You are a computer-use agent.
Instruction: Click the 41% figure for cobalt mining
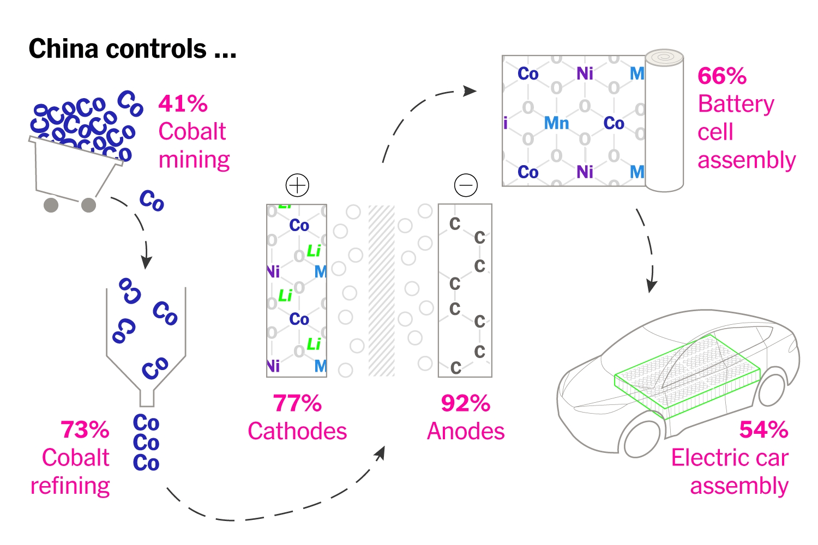pos(183,104)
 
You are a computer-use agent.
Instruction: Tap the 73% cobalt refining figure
pos(85,430)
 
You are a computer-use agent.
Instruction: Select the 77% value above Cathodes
pos(297,404)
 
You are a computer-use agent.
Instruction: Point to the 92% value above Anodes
pos(466,404)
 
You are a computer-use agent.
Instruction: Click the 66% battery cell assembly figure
pos(722,76)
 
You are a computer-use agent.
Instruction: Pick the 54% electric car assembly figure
pos(763,430)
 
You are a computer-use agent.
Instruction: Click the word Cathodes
pos(297,432)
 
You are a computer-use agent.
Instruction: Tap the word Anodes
pos(466,432)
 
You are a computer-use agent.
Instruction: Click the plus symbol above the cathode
pos(297,186)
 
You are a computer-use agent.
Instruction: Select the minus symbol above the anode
pos(466,186)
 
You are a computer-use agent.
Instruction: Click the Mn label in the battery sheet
pos(556,123)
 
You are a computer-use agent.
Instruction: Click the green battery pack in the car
pos(687,376)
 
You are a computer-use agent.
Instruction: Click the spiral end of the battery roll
pos(664,57)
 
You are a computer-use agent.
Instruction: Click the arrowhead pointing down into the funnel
pos(146,262)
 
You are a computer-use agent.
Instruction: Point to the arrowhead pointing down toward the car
pos(651,286)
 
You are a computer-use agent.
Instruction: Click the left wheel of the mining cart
pos(51,205)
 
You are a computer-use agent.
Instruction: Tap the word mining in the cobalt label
pos(194,160)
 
